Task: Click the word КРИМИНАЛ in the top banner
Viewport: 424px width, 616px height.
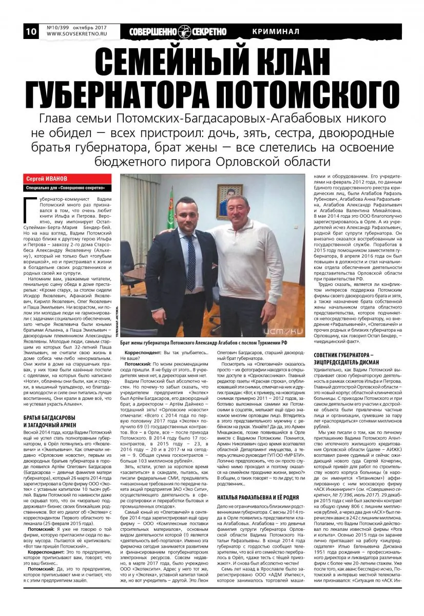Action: (x=276, y=32)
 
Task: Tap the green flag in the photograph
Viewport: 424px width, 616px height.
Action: (x=171, y=210)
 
